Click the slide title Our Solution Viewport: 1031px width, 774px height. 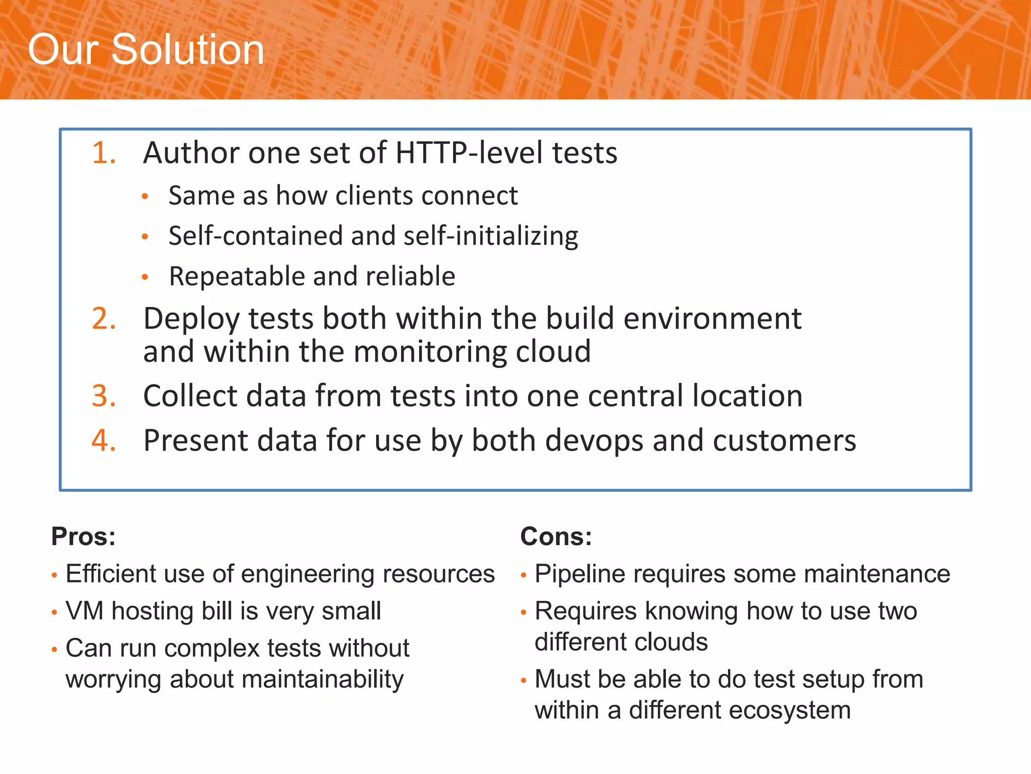(x=146, y=49)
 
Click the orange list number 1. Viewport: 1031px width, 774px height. (x=104, y=153)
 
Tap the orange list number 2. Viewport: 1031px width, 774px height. (x=104, y=319)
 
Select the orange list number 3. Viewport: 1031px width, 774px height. (x=104, y=396)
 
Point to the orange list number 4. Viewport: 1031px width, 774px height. (x=104, y=440)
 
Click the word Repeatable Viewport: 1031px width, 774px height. (x=237, y=276)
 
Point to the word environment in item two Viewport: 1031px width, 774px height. (x=712, y=319)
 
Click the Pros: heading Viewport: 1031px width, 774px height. (x=84, y=536)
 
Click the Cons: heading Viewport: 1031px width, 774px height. (x=556, y=536)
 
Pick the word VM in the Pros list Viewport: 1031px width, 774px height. (x=85, y=611)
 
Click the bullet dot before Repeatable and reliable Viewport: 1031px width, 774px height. (x=145, y=277)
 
